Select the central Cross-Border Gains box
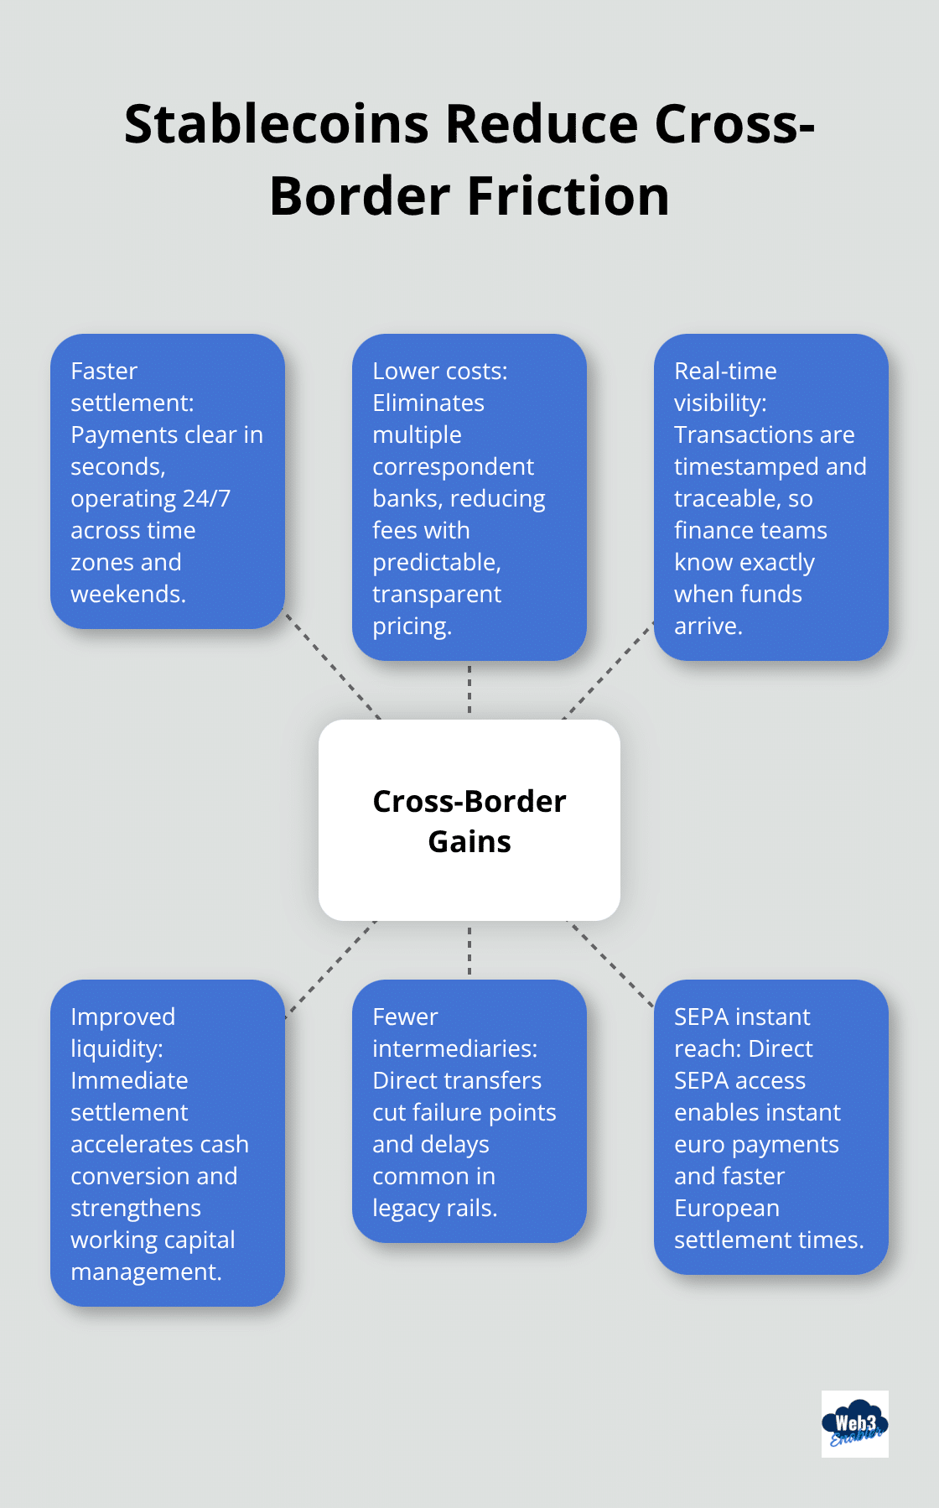tap(469, 819)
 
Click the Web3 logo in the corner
tap(854, 1424)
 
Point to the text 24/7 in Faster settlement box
tap(206, 499)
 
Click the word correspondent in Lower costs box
tap(453, 467)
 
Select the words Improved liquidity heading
tap(122, 1032)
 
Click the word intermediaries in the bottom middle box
tap(454, 1048)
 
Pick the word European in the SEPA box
tap(726, 1208)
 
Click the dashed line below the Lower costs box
tap(469, 689)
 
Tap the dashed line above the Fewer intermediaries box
tap(469, 950)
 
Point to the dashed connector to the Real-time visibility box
tap(608, 670)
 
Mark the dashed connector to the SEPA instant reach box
tap(610, 963)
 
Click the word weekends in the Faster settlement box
tap(127, 595)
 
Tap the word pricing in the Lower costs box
tap(411, 627)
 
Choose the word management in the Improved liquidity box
tap(145, 1272)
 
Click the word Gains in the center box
tap(469, 841)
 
